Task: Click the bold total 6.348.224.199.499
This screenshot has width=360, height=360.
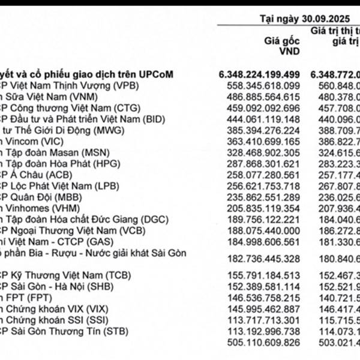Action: click(259, 74)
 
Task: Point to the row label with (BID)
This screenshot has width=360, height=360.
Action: click(72, 118)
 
